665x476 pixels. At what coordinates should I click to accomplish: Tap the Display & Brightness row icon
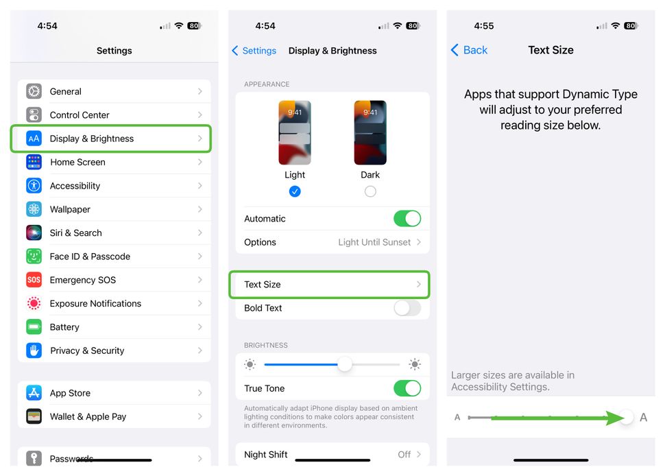pyautogui.click(x=34, y=139)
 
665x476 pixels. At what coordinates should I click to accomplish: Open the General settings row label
pyautogui.click(x=66, y=91)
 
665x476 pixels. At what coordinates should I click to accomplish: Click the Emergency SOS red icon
pyautogui.click(x=34, y=280)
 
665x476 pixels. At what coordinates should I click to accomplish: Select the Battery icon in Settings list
pyautogui.click(x=34, y=327)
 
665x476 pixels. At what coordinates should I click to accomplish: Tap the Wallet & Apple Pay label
pyautogui.click(x=88, y=416)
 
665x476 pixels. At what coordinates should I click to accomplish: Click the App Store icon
pyautogui.click(x=34, y=393)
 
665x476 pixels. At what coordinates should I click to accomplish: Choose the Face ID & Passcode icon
pyautogui.click(x=34, y=257)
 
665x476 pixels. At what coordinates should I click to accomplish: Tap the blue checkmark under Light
pyautogui.click(x=295, y=191)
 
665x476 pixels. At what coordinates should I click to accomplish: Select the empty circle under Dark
pyautogui.click(x=370, y=191)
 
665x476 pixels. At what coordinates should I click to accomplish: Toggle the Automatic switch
pyautogui.click(x=407, y=219)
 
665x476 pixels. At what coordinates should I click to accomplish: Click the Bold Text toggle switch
pyautogui.click(x=407, y=308)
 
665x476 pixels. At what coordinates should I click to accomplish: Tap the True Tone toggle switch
pyautogui.click(x=407, y=388)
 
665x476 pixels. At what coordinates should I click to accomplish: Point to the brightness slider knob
pyautogui.click(x=345, y=364)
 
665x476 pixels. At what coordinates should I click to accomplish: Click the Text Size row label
pyautogui.click(x=263, y=285)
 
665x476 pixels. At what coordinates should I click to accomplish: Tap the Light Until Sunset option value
pyautogui.click(x=374, y=242)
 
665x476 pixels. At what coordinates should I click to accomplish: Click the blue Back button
pyautogui.click(x=469, y=50)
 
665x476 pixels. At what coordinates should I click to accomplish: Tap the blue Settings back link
pyautogui.click(x=254, y=51)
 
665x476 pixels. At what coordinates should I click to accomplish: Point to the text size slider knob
pyautogui.click(x=626, y=417)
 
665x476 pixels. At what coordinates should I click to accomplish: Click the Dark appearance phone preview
pyautogui.click(x=370, y=132)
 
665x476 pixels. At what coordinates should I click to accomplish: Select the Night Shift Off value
pyautogui.click(x=404, y=454)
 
